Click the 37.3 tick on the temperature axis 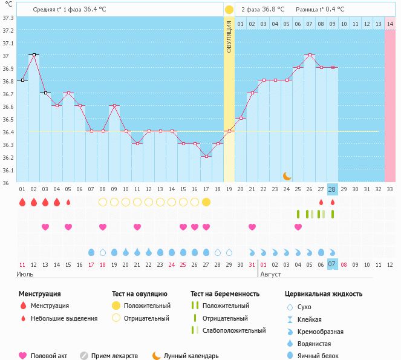click(x=8, y=18)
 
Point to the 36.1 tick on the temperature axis click(x=8, y=170)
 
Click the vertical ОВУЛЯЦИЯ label click(x=229, y=36)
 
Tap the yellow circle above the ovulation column click(x=229, y=10)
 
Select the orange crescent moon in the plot click(x=287, y=175)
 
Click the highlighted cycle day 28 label click(x=332, y=189)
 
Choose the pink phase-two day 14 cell click(x=390, y=24)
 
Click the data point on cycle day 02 click(x=34, y=55)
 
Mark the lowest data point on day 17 click(x=206, y=156)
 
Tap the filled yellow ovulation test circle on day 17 click(x=206, y=202)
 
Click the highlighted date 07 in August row click(x=332, y=264)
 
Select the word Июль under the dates click(x=24, y=274)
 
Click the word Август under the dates click(x=270, y=274)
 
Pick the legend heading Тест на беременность click(x=225, y=294)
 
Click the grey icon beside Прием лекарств click(x=84, y=356)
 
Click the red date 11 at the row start click(x=22, y=264)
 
